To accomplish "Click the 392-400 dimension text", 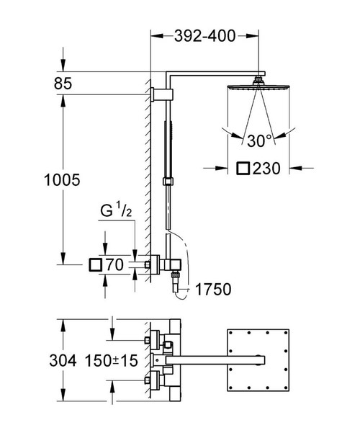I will (204, 37).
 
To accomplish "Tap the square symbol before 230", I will (245, 169).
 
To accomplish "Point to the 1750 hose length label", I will (212, 290).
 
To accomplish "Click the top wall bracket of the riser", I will (163, 94).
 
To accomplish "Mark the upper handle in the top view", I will (153, 338).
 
